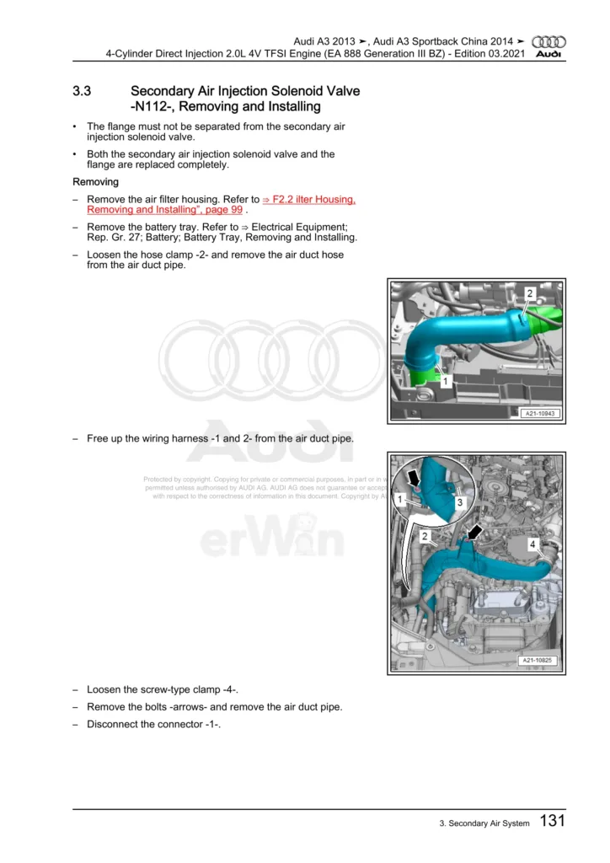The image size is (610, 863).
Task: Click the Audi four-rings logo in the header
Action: click(x=551, y=41)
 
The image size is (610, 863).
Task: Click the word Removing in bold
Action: click(x=95, y=181)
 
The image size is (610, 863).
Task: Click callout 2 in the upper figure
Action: click(x=530, y=292)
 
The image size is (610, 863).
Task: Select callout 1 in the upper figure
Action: click(x=445, y=381)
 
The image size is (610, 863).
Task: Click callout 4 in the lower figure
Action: click(x=532, y=545)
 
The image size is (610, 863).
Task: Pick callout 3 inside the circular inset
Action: click(x=460, y=502)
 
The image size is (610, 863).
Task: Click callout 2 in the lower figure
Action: click(x=425, y=536)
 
